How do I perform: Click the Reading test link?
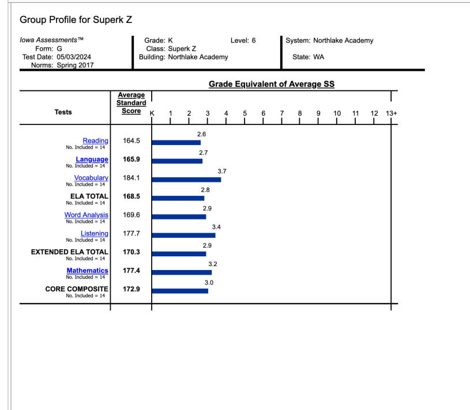click(95, 141)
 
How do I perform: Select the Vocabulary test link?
click(91, 178)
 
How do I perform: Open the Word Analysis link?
click(86, 215)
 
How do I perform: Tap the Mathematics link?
click(87, 270)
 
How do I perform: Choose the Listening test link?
click(94, 233)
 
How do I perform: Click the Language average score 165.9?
click(131, 160)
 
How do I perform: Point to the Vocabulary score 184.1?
click(131, 178)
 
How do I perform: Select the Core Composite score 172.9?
click(131, 288)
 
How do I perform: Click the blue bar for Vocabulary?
click(186, 180)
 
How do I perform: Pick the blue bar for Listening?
click(183, 235)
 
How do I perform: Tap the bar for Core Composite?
click(180, 291)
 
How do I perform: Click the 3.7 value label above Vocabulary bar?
click(222, 172)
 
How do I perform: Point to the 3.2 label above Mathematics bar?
click(212, 264)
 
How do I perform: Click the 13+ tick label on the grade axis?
click(392, 113)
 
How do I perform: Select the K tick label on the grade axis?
click(152, 113)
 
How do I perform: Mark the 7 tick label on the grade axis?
click(281, 113)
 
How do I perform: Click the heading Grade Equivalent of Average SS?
click(272, 85)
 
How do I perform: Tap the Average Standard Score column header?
click(131, 103)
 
